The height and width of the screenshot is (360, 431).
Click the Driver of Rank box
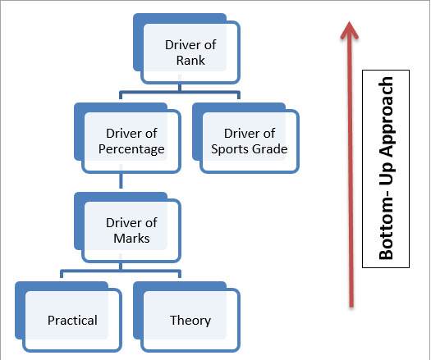(x=186, y=48)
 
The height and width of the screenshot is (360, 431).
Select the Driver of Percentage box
(x=127, y=138)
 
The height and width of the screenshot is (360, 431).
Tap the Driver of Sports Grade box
(x=245, y=138)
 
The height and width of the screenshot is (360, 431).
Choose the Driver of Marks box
(x=127, y=227)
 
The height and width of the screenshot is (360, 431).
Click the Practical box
(x=68, y=317)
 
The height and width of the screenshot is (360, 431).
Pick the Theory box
(x=186, y=317)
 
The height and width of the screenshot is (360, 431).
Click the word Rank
(x=190, y=61)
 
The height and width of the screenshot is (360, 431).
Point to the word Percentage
(x=131, y=149)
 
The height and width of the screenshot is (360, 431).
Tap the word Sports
(x=230, y=149)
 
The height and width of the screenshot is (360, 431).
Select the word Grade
(x=269, y=149)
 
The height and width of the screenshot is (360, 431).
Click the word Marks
(x=131, y=239)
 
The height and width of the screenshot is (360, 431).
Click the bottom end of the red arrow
(x=351, y=307)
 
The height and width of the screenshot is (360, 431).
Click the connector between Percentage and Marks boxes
(x=121, y=180)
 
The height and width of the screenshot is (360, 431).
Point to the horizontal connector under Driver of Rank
(x=180, y=93)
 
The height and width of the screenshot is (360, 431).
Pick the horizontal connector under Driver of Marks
(x=121, y=272)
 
